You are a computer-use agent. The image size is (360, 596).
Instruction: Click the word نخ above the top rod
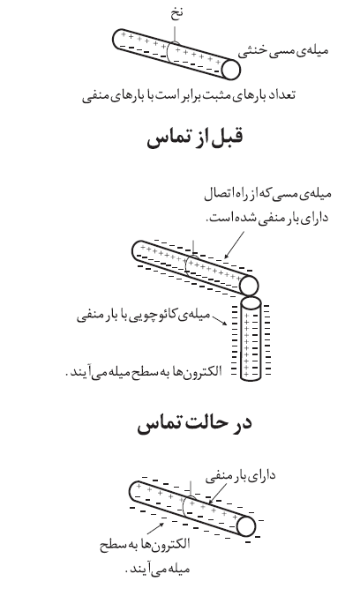coord(176,14)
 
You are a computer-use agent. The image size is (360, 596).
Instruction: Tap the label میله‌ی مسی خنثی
coord(282,51)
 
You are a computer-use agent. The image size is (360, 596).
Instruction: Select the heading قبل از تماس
coord(194,138)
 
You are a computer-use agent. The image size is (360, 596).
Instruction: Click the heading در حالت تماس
coord(194,423)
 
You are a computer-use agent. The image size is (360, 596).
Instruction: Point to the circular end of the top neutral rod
coord(230,70)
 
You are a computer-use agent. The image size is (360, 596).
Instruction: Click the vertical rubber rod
coord(251,339)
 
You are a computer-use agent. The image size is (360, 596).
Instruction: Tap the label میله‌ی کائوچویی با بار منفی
coord(144,316)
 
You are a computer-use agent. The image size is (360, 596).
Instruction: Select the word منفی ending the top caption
coord(94,96)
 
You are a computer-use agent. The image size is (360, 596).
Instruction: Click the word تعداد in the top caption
coord(281,95)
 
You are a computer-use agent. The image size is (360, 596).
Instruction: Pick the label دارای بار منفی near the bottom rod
coord(241,476)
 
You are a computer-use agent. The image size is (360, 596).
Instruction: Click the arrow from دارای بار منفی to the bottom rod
coord(217,493)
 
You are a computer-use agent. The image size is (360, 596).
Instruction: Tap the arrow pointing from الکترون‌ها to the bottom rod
coord(155,529)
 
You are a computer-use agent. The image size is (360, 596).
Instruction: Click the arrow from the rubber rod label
coord(219,320)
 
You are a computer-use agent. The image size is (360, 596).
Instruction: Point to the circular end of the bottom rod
coord(246,526)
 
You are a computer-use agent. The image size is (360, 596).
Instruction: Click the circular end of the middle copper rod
coord(249,286)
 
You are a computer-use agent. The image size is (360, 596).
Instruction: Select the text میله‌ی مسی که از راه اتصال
coord(267,194)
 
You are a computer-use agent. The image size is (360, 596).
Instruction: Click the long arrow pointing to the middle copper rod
coord(235,245)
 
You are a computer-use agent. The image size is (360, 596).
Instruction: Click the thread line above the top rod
coord(175,34)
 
